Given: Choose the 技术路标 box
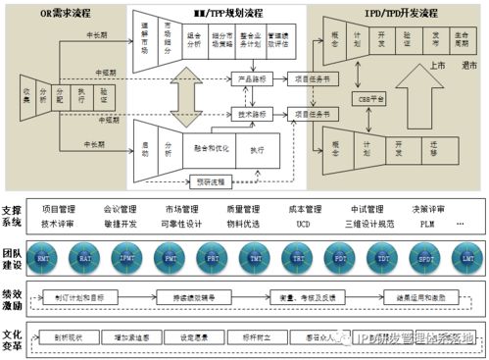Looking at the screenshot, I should pyautogui.click(x=252, y=114).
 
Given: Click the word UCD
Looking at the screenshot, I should pyautogui.click(x=304, y=223).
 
